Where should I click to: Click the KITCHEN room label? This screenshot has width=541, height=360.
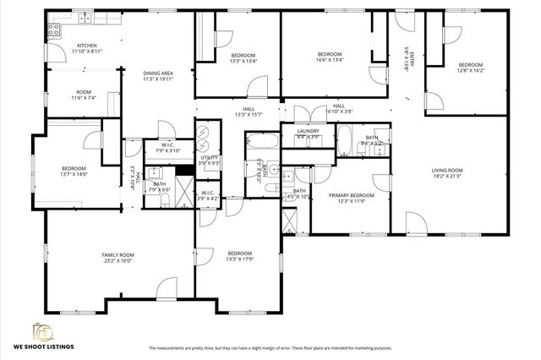pyautogui.click(x=87, y=46)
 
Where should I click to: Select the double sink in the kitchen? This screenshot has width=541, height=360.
pyautogui.click(x=85, y=18)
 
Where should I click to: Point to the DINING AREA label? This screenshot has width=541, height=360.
pyautogui.click(x=158, y=74)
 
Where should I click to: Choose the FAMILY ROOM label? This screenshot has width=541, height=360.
pyautogui.click(x=118, y=254)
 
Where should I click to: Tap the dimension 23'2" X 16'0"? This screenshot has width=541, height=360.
pyautogui.click(x=118, y=261)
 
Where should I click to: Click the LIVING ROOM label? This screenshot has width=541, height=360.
pyautogui.click(x=450, y=171)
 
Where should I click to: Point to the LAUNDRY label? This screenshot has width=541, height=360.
pyautogui.click(x=308, y=131)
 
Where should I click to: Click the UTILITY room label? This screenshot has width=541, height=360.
pyautogui.click(x=209, y=157)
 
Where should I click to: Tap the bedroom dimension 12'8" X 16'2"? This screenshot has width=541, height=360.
pyautogui.click(x=470, y=72)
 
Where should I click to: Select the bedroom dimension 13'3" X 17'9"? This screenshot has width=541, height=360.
pyautogui.click(x=239, y=259)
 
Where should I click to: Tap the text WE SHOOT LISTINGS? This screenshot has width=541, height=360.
pyautogui.click(x=43, y=347)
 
